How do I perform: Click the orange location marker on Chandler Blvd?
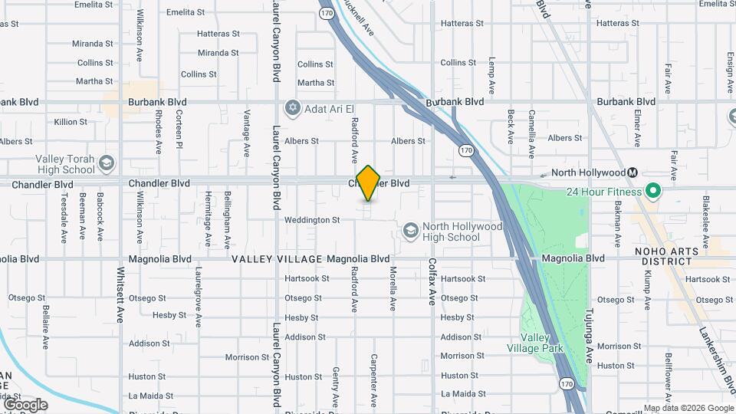[369, 182]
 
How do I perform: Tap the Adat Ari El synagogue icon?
[291, 108]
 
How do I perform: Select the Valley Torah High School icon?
[106, 163]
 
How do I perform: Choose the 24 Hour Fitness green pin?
[653, 190]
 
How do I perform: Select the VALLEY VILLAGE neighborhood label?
[278, 259]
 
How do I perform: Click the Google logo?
[25, 404]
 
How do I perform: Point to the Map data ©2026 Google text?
[688, 408]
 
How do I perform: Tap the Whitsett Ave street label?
[120, 294]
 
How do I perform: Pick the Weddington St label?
[312, 220]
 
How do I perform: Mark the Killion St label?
[71, 122]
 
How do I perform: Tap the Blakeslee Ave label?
[705, 215]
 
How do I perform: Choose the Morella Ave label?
[392, 288]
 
